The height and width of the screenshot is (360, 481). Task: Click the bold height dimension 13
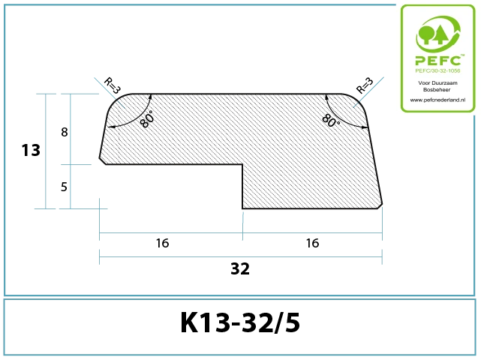click(x=31, y=150)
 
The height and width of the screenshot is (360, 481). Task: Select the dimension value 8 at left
click(x=65, y=132)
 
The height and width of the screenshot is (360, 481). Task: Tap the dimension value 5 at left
click(x=64, y=187)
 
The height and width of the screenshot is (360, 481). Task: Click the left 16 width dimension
click(x=162, y=243)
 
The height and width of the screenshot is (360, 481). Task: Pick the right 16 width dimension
click(x=313, y=243)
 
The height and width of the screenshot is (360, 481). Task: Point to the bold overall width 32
click(x=240, y=269)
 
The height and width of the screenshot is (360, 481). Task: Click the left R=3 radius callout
click(x=113, y=85)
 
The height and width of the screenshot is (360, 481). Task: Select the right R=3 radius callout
click(x=365, y=85)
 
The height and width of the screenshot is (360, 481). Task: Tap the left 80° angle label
click(x=146, y=119)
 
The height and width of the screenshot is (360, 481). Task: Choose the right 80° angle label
click(x=331, y=120)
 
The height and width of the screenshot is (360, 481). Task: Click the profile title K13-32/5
click(x=240, y=322)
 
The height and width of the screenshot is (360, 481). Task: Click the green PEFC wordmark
click(x=438, y=60)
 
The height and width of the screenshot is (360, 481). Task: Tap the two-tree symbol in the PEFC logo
click(x=432, y=34)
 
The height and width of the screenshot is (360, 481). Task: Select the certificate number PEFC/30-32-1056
click(x=437, y=70)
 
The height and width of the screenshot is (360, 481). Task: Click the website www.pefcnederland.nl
click(x=437, y=100)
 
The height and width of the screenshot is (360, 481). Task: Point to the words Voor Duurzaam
click(x=437, y=82)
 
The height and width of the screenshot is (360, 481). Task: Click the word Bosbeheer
click(x=437, y=89)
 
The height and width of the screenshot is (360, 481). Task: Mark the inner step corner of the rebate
click(x=242, y=165)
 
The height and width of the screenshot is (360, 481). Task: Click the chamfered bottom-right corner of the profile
click(x=380, y=206)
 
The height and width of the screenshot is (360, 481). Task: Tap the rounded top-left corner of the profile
click(x=116, y=100)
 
